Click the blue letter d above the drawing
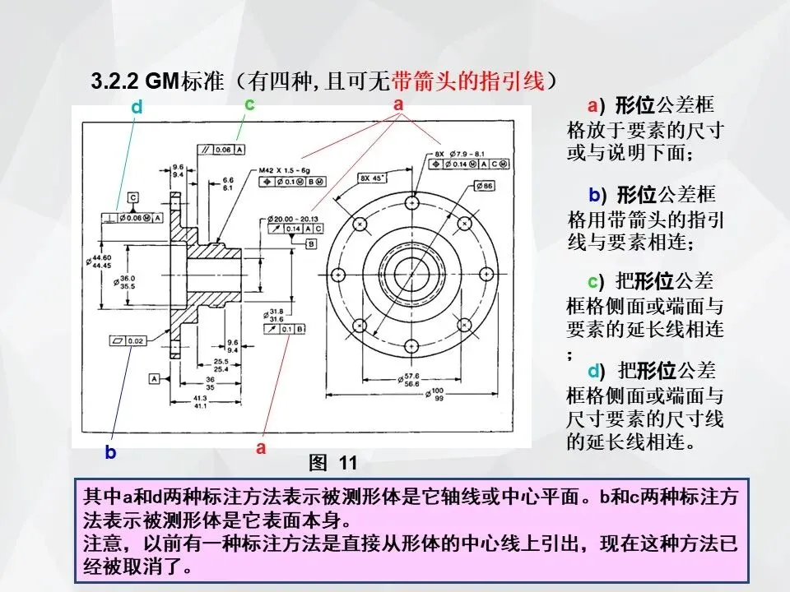[x=137, y=108]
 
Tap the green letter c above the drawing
[x=249, y=104]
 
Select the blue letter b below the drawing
[x=110, y=451]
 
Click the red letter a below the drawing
[x=261, y=448]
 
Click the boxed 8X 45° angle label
[x=373, y=178]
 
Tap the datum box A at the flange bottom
[x=154, y=378]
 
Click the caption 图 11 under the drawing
[x=332, y=463]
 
